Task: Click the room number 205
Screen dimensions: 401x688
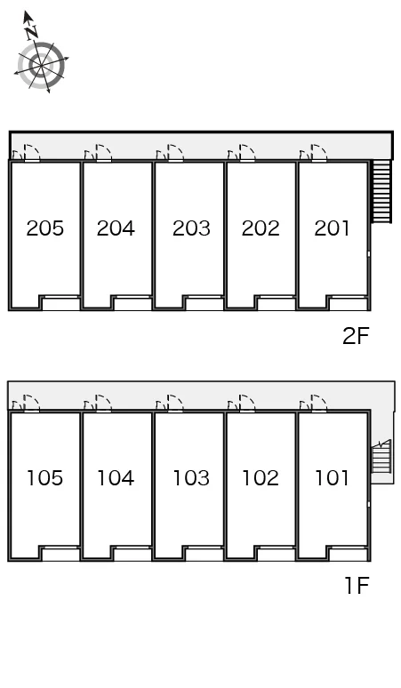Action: tap(44, 228)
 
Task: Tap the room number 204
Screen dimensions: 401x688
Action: tap(116, 228)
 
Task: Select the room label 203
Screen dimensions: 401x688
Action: tap(191, 228)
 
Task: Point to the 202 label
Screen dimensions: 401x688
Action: tap(261, 228)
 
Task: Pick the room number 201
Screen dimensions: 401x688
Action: tap(333, 228)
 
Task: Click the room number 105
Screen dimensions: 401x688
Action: tap(44, 478)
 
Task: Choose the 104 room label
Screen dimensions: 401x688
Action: tap(116, 478)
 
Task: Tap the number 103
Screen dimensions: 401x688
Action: tap(191, 478)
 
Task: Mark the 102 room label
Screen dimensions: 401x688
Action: tap(261, 478)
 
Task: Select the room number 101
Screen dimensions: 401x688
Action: tap(333, 478)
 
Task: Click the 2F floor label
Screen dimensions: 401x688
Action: tap(356, 336)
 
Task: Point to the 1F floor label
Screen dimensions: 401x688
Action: tap(357, 586)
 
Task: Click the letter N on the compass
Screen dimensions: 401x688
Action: tap(31, 32)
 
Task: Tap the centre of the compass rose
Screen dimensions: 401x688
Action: tap(41, 66)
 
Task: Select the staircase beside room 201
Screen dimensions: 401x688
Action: tap(381, 191)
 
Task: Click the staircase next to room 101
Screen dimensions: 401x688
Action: tap(381, 459)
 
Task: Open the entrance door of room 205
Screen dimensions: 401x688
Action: tap(32, 153)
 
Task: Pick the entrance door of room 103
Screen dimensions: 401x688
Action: tap(175, 404)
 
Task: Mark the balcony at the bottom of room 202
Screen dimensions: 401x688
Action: tap(276, 303)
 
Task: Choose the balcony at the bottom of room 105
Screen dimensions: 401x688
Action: tap(60, 554)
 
